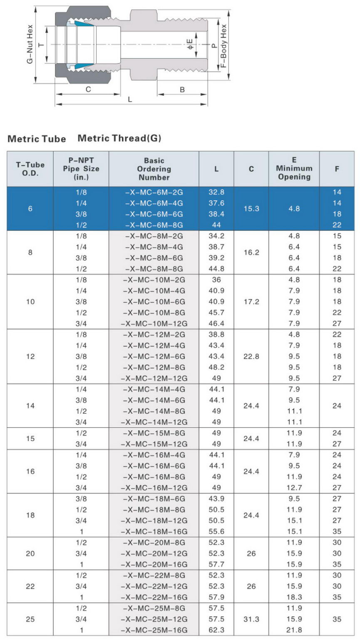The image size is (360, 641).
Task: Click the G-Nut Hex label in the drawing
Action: [x=30, y=44]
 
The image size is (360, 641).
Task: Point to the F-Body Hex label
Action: [x=224, y=46]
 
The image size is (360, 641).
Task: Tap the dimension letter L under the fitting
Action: [x=130, y=99]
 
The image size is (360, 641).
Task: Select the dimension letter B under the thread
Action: [x=182, y=89]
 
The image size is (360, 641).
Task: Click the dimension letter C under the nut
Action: [x=88, y=89]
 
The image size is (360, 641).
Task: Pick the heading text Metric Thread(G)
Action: [x=119, y=138]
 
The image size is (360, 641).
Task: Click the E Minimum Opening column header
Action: [x=294, y=169]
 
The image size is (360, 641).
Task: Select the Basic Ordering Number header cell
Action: [x=154, y=169]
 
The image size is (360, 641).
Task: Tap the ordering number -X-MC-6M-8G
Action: [x=154, y=225]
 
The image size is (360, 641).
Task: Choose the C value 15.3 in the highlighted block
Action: [x=251, y=209]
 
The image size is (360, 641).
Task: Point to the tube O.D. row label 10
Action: [x=30, y=301]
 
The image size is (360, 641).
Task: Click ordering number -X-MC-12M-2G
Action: [x=154, y=334]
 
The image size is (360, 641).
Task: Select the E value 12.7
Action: [x=294, y=487]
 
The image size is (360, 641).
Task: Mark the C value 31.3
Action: [x=251, y=619]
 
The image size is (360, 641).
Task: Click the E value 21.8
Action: [x=294, y=630]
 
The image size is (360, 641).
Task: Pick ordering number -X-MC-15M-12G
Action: [x=154, y=444]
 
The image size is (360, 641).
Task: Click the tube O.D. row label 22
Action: [x=30, y=586]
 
